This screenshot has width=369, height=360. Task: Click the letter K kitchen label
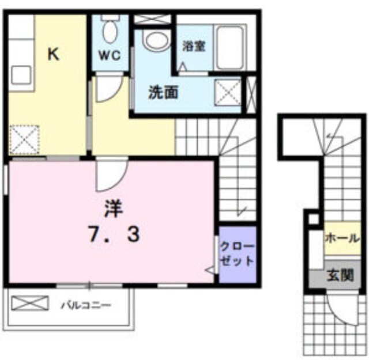tap(53, 54)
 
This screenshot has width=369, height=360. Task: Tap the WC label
tap(110, 55)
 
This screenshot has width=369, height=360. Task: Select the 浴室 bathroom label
tap(194, 46)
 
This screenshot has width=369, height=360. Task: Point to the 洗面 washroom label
tap(163, 92)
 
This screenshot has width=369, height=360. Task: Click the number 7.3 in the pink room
tap(114, 234)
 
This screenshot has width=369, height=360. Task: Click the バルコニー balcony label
tap(86, 305)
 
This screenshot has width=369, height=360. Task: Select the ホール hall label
tap(342, 238)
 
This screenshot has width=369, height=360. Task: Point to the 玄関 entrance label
tap(341, 275)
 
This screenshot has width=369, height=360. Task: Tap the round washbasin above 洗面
tap(157, 40)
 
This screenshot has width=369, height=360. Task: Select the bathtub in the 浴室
tap(231, 47)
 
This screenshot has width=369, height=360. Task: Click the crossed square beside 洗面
tap(228, 93)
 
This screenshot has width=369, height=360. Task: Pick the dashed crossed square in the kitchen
tap(24, 139)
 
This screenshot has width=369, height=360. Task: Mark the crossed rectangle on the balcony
tap(30, 303)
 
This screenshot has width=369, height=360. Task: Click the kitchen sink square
tap(21, 75)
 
